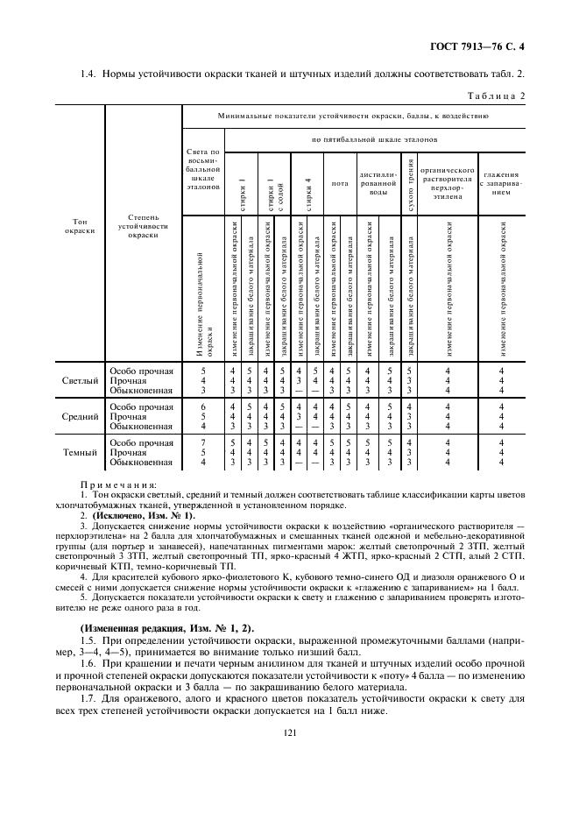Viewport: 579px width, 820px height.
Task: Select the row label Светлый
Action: pos(79,381)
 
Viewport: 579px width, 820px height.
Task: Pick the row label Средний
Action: pos(79,418)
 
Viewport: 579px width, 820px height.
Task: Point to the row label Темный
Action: pos(79,454)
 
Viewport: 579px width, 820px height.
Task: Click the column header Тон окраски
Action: pos(79,225)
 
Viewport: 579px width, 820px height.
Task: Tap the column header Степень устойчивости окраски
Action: pos(143,225)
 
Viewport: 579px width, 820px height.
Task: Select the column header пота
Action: pos(340,184)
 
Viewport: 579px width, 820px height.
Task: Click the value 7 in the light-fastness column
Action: pos(203,442)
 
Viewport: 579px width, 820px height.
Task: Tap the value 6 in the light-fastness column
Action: pos(203,406)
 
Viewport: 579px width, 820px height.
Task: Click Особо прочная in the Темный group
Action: pos(142,442)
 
